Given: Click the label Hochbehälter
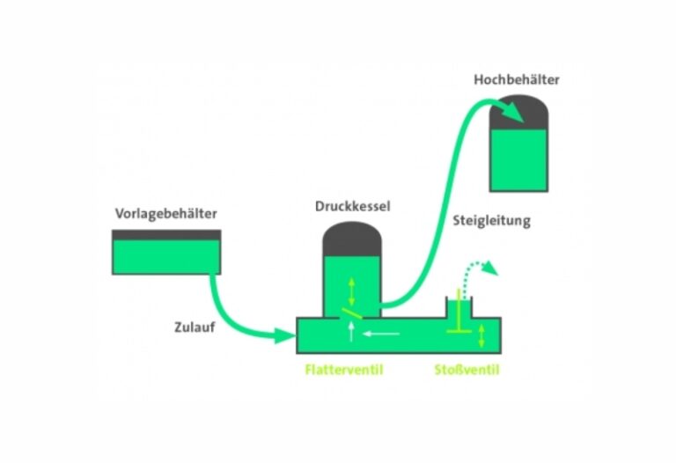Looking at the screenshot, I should pos(516,80).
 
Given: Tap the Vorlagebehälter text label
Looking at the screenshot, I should pos(165,214).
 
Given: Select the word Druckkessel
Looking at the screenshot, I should pos(352,207).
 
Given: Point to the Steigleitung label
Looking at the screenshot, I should pos(491,221).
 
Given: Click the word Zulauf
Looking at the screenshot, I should pos(194,327).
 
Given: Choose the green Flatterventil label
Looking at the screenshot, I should pos(344,370).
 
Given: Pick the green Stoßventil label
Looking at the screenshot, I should pos(467,370).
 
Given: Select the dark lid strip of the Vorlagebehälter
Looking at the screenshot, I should pos(166,235).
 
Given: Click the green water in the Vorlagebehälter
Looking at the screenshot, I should pos(166,256).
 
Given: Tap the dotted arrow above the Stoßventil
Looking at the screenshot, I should pos(481,267).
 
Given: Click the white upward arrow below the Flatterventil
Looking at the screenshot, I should pos(352,331).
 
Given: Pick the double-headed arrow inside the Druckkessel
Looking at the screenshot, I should pos(352,287).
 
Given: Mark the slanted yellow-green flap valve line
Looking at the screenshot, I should pos(350,312).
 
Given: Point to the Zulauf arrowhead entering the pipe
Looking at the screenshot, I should pos(286,334).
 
